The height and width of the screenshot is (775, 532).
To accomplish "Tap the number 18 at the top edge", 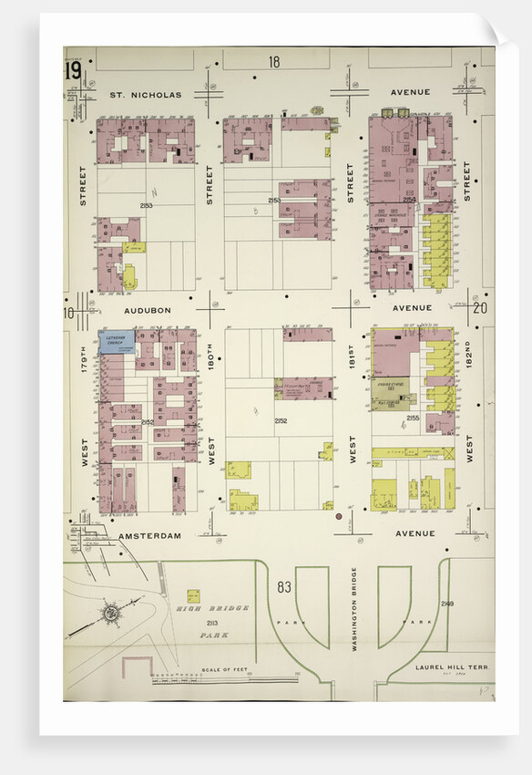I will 274,62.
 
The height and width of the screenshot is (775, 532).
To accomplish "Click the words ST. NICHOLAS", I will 146,94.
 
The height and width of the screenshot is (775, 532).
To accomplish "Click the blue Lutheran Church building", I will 117,343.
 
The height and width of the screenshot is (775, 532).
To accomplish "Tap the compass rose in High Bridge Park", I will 113,613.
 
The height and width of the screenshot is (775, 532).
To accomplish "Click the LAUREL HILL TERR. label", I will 452,667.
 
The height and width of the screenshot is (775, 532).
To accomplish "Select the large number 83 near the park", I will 284,587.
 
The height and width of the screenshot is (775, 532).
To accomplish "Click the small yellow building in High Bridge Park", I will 193,595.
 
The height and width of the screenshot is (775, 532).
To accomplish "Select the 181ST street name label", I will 351,363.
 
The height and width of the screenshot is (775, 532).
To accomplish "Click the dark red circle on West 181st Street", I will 339,517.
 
